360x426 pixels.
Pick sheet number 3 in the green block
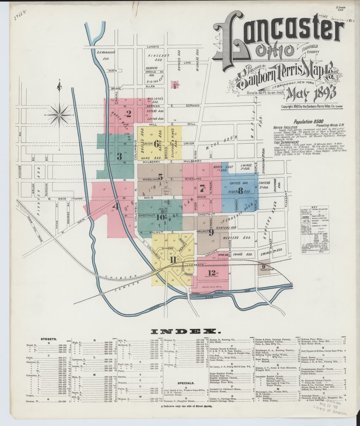pos(120,156)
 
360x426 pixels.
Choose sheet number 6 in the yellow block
pos(156,144)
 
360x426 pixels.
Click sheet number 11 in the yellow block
pos(173,260)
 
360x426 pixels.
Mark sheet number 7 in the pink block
pos(202,189)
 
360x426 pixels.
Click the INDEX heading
pos(180,332)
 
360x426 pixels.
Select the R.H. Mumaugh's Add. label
pos(106,55)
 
